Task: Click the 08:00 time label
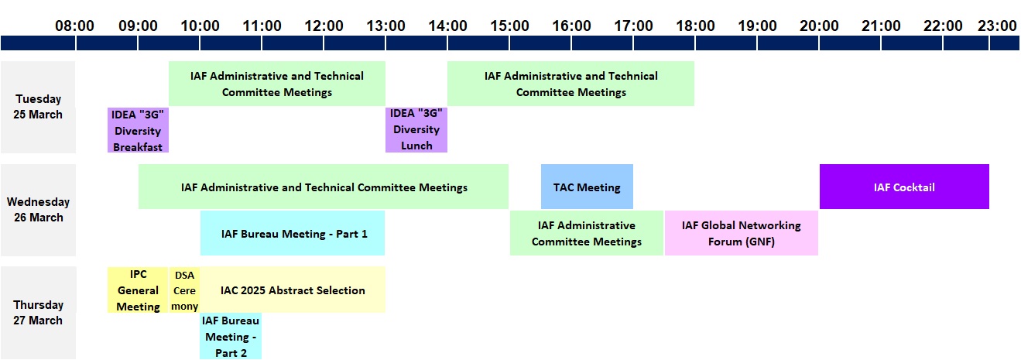point(74,26)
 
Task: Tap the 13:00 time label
point(385,26)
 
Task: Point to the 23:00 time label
point(997,26)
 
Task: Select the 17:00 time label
point(633,26)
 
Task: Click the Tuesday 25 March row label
point(38,107)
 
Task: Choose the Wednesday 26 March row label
point(38,210)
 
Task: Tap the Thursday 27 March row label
point(38,313)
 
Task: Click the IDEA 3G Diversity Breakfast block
point(138,130)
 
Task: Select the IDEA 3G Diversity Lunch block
point(416,129)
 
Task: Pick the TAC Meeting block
point(587,187)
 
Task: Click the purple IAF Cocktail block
point(904,187)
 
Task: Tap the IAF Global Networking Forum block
point(741,233)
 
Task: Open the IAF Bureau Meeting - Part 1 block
point(292,233)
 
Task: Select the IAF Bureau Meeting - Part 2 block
point(231,336)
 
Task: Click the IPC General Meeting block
point(138,290)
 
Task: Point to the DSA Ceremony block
point(184,290)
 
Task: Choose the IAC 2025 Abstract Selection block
point(293,290)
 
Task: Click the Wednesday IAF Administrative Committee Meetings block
point(587,233)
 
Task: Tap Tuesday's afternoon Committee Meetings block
point(570,84)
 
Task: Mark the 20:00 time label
point(819,26)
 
